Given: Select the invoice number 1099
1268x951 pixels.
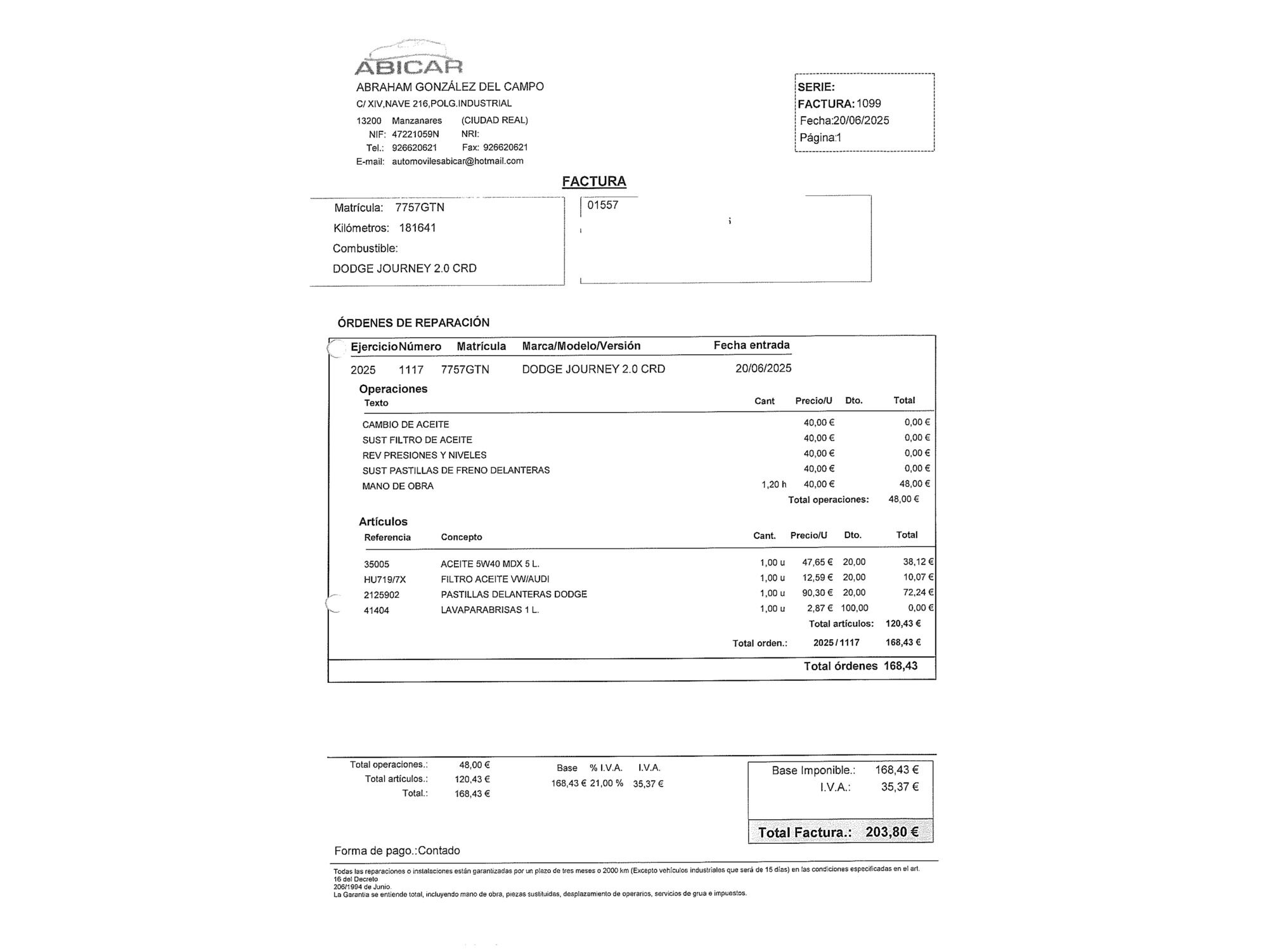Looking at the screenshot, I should (869, 103).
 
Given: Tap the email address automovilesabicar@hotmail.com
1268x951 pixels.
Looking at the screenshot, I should (457, 161).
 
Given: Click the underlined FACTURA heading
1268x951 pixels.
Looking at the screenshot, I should (594, 181).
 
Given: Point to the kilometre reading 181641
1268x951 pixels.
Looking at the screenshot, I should (417, 228).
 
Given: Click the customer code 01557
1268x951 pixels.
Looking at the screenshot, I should (602, 205).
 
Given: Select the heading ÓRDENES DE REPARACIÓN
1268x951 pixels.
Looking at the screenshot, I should (413, 323).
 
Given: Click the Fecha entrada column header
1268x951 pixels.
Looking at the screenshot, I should (751, 345).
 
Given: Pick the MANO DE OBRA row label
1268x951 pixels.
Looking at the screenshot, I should (398, 486).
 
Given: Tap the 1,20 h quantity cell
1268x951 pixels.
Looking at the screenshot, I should (773, 484).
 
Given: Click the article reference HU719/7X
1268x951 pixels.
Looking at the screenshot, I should (385, 579).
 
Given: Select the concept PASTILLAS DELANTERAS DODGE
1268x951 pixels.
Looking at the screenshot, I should (514, 594).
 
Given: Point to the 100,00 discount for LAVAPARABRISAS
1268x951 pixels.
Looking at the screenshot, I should (855, 608).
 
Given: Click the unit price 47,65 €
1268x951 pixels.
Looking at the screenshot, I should (817, 562).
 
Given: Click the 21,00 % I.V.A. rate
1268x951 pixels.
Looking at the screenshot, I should (606, 784).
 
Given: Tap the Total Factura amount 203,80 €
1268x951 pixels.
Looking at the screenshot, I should (892, 832).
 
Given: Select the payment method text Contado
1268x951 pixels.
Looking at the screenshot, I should (439, 851).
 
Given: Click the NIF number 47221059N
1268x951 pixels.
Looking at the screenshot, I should (415, 134).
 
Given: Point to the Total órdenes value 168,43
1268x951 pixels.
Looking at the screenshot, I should (900, 666).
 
